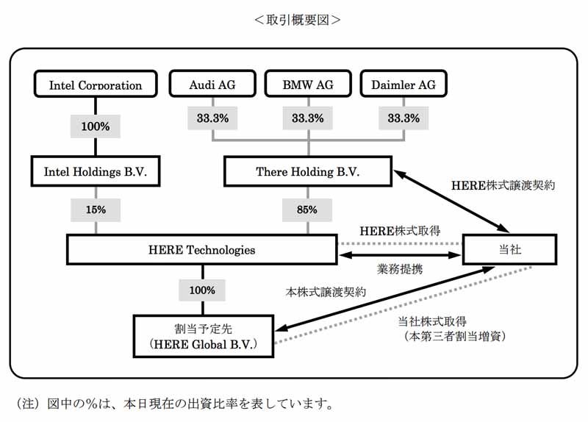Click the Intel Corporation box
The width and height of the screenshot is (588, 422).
[x=96, y=84]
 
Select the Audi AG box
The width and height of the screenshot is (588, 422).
[x=212, y=84]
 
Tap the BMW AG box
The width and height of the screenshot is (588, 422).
[x=308, y=84]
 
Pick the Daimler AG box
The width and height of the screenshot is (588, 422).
[x=404, y=84]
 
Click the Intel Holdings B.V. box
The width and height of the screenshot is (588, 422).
[x=96, y=171]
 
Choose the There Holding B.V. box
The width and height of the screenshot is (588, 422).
[x=308, y=171]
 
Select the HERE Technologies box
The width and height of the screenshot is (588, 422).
[x=201, y=250]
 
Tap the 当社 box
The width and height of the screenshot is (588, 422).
[x=509, y=249]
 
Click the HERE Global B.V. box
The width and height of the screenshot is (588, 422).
[x=204, y=337]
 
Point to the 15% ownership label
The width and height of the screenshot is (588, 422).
[x=96, y=210]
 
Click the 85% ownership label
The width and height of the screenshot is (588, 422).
[x=307, y=210]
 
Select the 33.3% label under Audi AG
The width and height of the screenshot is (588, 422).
[x=212, y=118]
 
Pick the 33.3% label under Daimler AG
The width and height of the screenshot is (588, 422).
[x=404, y=118]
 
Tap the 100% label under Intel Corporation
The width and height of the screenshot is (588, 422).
[x=96, y=126]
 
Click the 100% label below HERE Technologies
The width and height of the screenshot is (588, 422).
[x=202, y=290]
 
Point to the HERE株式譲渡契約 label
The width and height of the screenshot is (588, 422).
[x=503, y=185]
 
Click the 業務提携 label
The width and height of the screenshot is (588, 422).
[x=400, y=269]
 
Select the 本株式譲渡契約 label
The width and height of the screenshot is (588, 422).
[x=326, y=292]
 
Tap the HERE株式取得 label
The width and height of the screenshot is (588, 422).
[x=400, y=231]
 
